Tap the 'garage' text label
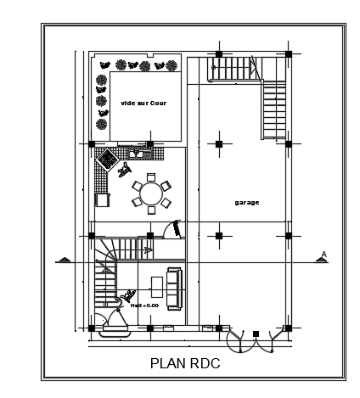click(246, 202)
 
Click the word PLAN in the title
click(166, 364)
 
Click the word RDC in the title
click(204, 364)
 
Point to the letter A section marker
click(323, 253)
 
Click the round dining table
click(150, 193)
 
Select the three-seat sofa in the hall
click(173, 287)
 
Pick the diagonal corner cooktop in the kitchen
click(108, 158)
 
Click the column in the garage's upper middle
click(218, 144)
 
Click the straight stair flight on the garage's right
click(275, 110)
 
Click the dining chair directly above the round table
click(150, 177)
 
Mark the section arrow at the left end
click(62, 259)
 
